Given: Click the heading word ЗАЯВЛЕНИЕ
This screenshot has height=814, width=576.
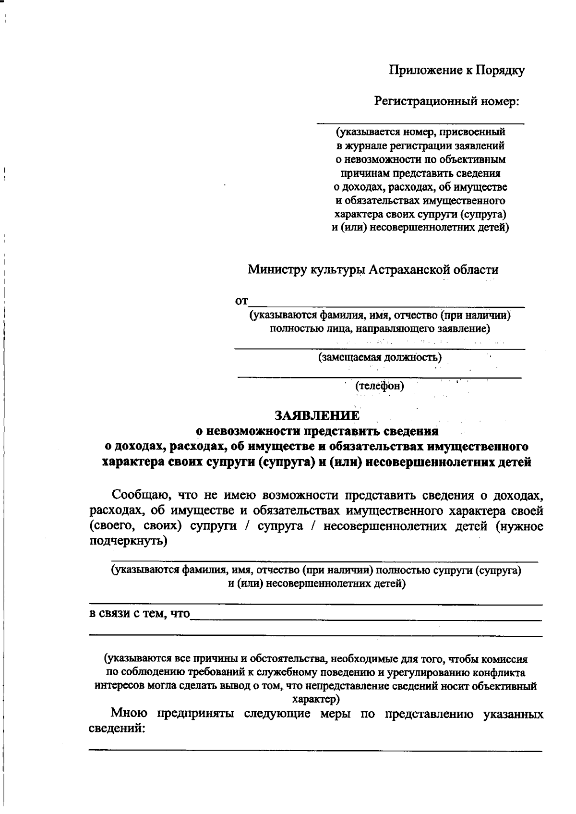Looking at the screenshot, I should pyautogui.click(x=316, y=415).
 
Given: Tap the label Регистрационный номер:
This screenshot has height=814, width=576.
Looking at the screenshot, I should pyautogui.click(x=447, y=101).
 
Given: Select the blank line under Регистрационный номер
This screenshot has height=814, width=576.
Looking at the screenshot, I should pyautogui.click(x=420, y=124).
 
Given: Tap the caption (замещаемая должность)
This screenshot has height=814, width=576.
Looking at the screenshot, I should pyautogui.click(x=380, y=357).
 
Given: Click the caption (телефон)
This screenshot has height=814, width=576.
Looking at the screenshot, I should pyautogui.click(x=380, y=386).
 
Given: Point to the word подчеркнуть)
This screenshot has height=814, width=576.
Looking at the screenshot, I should pyautogui.click(x=129, y=542).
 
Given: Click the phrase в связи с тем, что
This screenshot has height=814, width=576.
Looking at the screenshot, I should pyautogui.click(x=140, y=614).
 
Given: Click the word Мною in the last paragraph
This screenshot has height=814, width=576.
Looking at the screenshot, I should pyautogui.click(x=128, y=714).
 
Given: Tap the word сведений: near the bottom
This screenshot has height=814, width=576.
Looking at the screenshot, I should pyautogui.click(x=118, y=729).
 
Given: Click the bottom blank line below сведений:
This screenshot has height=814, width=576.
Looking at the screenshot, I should pyautogui.click(x=315, y=750).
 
